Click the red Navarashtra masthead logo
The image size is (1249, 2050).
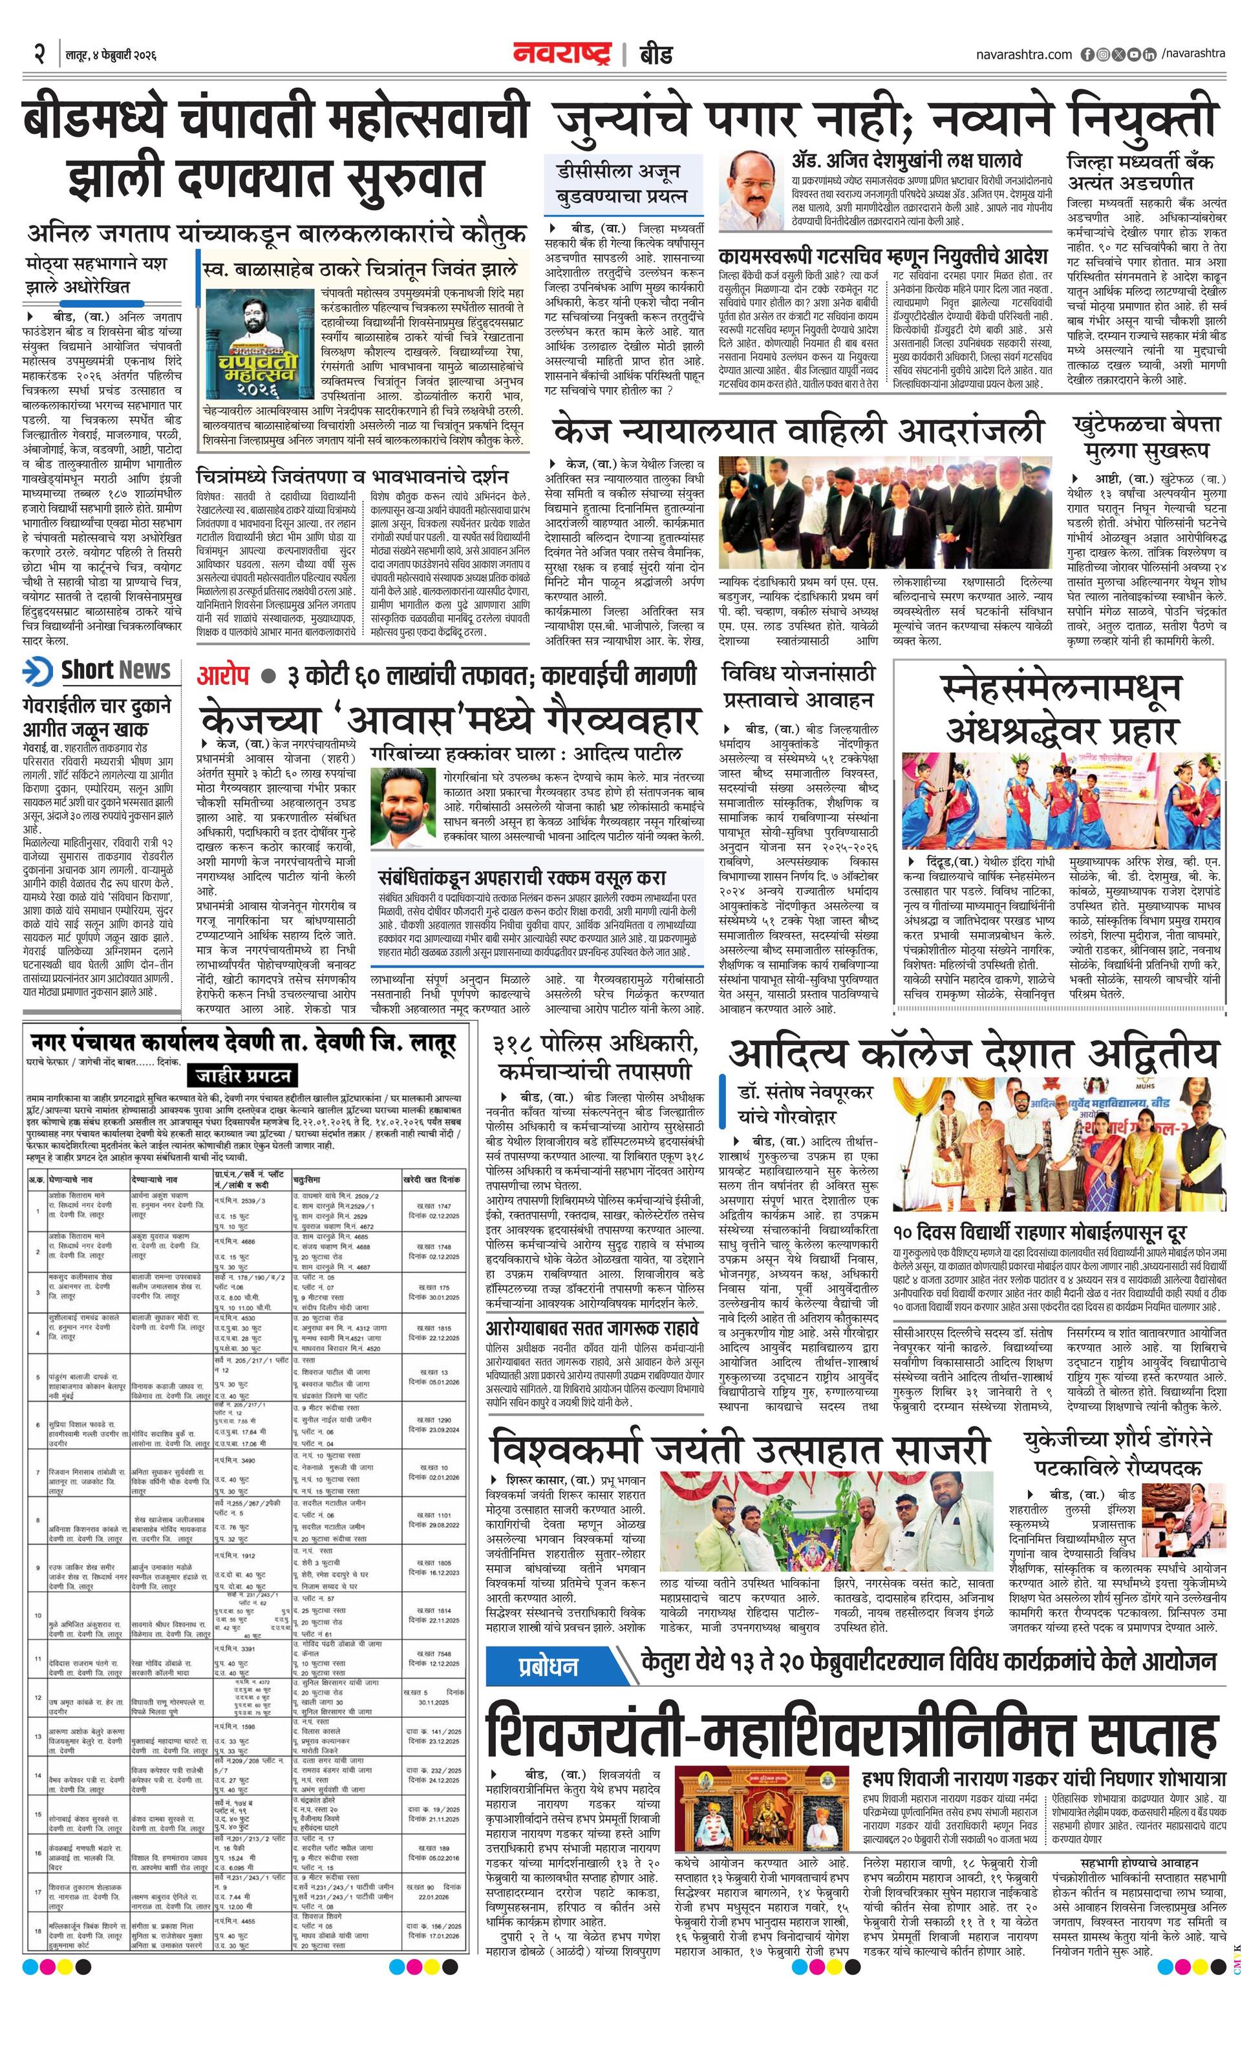pos(565,54)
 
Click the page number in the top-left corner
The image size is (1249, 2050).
pos(38,55)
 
